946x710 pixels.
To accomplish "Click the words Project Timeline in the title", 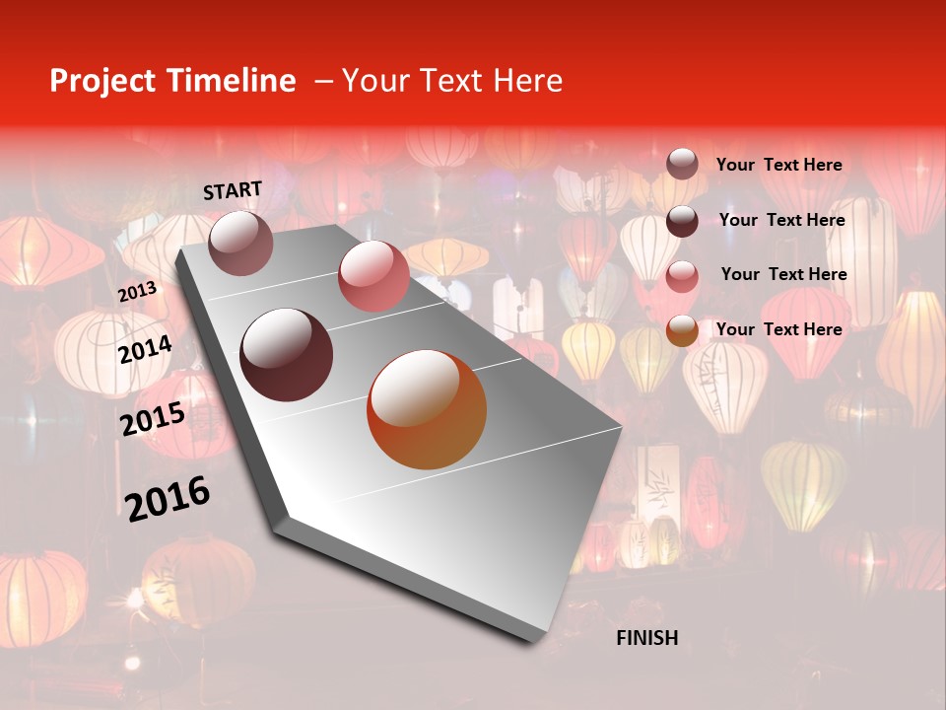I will click(172, 81).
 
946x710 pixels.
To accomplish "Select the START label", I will click(233, 190).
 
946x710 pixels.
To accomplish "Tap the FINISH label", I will click(646, 638).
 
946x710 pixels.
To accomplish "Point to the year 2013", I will click(137, 292).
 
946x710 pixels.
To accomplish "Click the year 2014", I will click(145, 350).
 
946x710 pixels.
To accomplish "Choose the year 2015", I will click(153, 419).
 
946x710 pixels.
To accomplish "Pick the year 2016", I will click(168, 499).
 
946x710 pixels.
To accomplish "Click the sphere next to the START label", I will click(241, 243).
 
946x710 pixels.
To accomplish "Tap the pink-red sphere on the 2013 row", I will click(373, 276).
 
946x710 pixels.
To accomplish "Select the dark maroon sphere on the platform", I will click(287, 355).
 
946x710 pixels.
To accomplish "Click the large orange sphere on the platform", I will click(427, 409).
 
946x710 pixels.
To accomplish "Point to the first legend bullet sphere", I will click(682, 165).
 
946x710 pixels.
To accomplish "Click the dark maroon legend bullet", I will click(682, 221).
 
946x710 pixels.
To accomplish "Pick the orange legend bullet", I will click(682, 330).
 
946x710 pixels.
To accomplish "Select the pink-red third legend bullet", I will click(682, 276).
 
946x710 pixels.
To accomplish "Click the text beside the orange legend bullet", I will click(778, 329).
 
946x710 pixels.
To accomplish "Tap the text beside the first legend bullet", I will click(778, 166).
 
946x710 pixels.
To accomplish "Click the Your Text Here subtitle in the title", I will click(451, 81).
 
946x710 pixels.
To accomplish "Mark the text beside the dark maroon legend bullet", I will click(781, 220).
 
